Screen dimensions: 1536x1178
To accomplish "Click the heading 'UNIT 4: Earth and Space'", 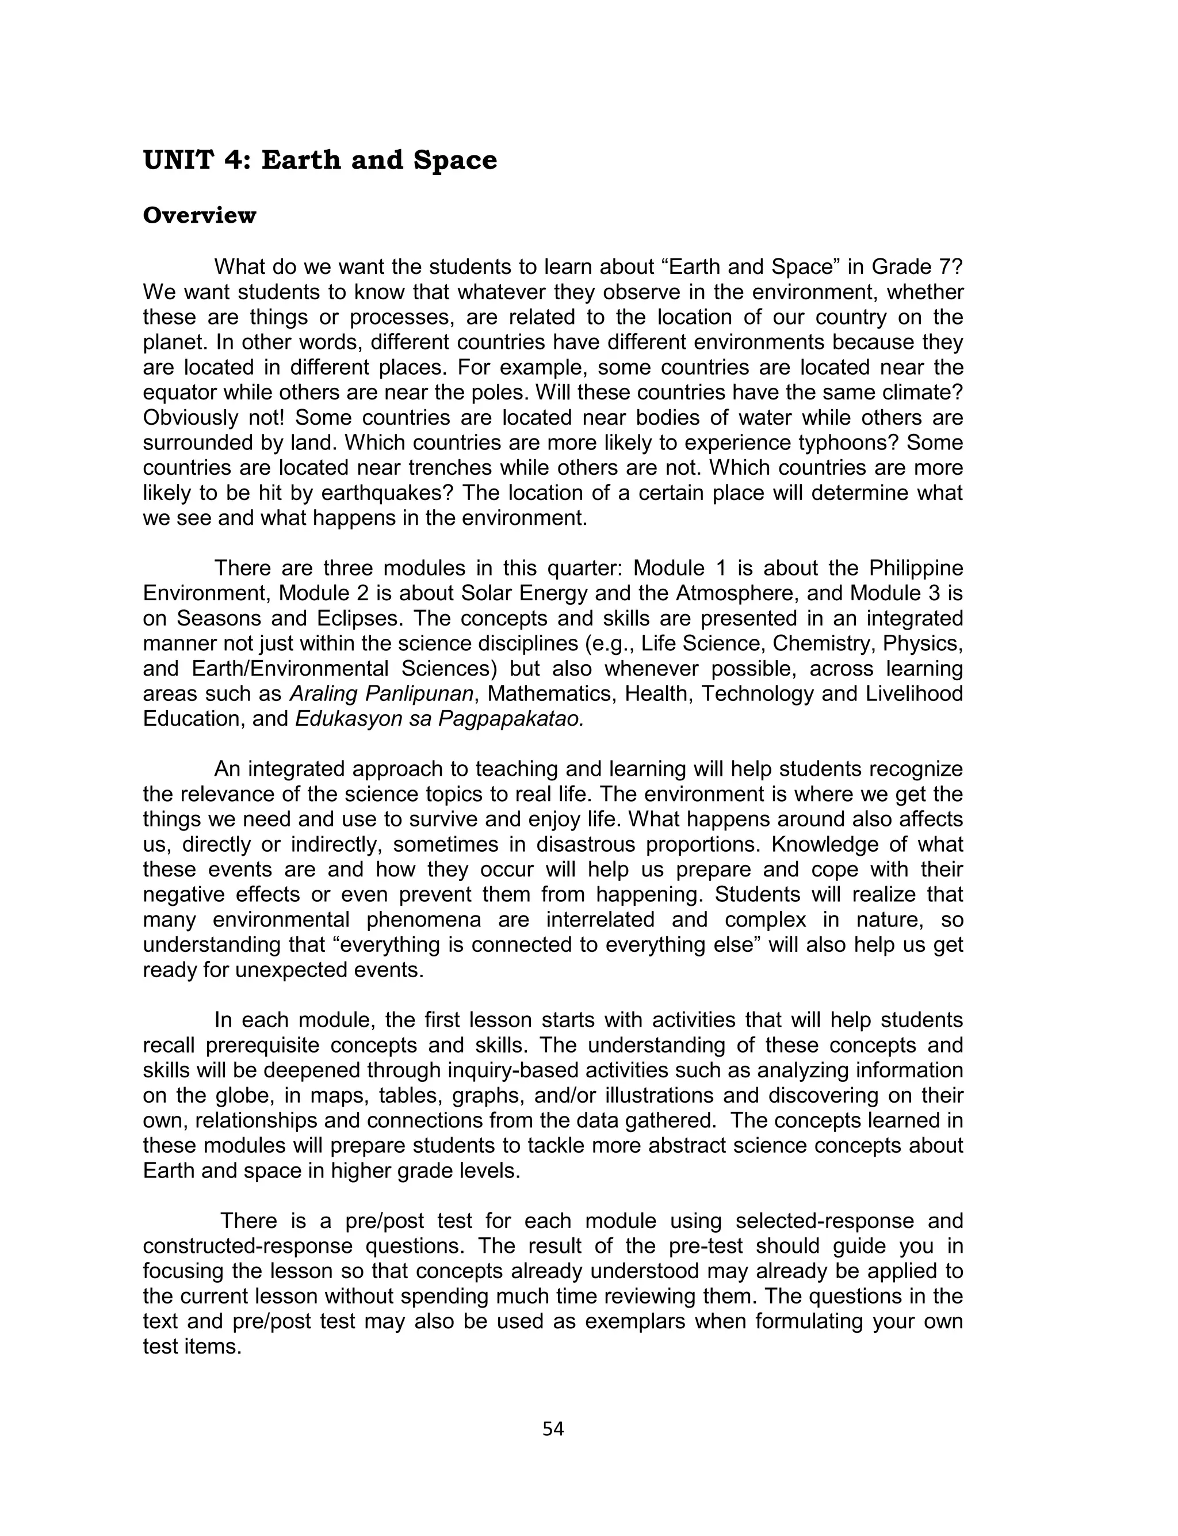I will [320, 161].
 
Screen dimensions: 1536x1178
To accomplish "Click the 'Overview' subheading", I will [199, 216].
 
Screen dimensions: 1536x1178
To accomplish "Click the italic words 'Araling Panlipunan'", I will [381, 693].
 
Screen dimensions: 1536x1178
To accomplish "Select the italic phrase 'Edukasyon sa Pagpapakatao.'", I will [439, 719].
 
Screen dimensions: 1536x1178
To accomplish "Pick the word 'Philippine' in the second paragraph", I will [916, 568].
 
